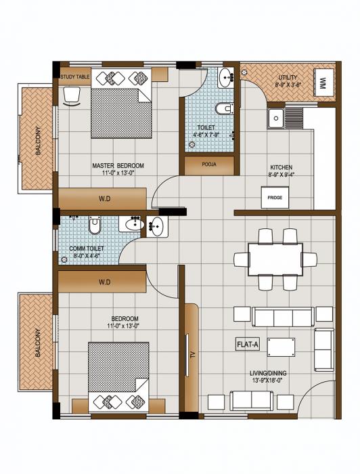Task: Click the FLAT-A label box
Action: tap(248, 344)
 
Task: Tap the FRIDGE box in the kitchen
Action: tap(275, 198)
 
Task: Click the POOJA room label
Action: tap(209, 165)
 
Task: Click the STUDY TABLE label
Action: tap(74, 77)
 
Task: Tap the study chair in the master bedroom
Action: tap(70, 96)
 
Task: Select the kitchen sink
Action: tap(276, 119)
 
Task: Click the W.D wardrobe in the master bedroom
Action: tap(102, 198)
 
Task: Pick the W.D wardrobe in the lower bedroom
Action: tap(102, 281)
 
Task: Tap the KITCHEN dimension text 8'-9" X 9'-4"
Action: tap(280, 175)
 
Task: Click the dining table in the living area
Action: tap(275, 259)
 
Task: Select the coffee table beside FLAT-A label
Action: tap(280, 347)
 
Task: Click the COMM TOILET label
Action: tap(87, 249)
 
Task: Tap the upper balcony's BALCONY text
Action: tap(39, 139)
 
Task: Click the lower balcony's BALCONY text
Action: tap(38, 343)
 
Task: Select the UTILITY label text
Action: tap(287, 78)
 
